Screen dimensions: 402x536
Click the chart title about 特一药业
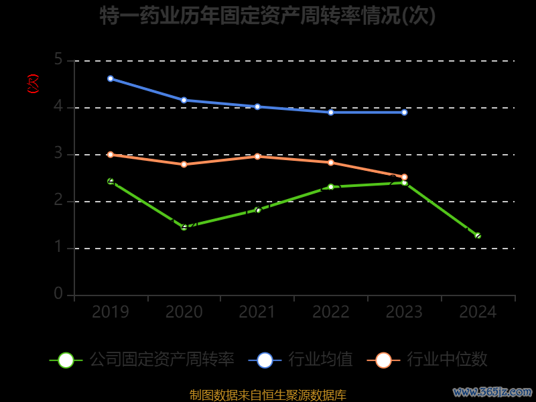268,16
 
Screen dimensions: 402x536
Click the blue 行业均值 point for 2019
111,78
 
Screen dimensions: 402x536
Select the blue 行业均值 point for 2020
184,100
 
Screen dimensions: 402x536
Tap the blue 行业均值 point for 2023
404,112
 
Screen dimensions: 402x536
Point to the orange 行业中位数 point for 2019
111,154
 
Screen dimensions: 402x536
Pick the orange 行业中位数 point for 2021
257,156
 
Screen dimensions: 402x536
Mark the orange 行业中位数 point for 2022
331,162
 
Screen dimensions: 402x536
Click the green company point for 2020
184,227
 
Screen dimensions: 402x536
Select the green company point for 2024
478,235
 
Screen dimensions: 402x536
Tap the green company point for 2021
257,210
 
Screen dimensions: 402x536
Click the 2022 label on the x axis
331,312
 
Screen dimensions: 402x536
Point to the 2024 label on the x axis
478,312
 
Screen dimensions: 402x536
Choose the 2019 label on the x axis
111,312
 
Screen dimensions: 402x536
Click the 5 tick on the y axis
58,60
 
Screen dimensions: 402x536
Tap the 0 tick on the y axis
58,294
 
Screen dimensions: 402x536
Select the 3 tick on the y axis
58,154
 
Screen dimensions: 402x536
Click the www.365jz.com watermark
492,391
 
